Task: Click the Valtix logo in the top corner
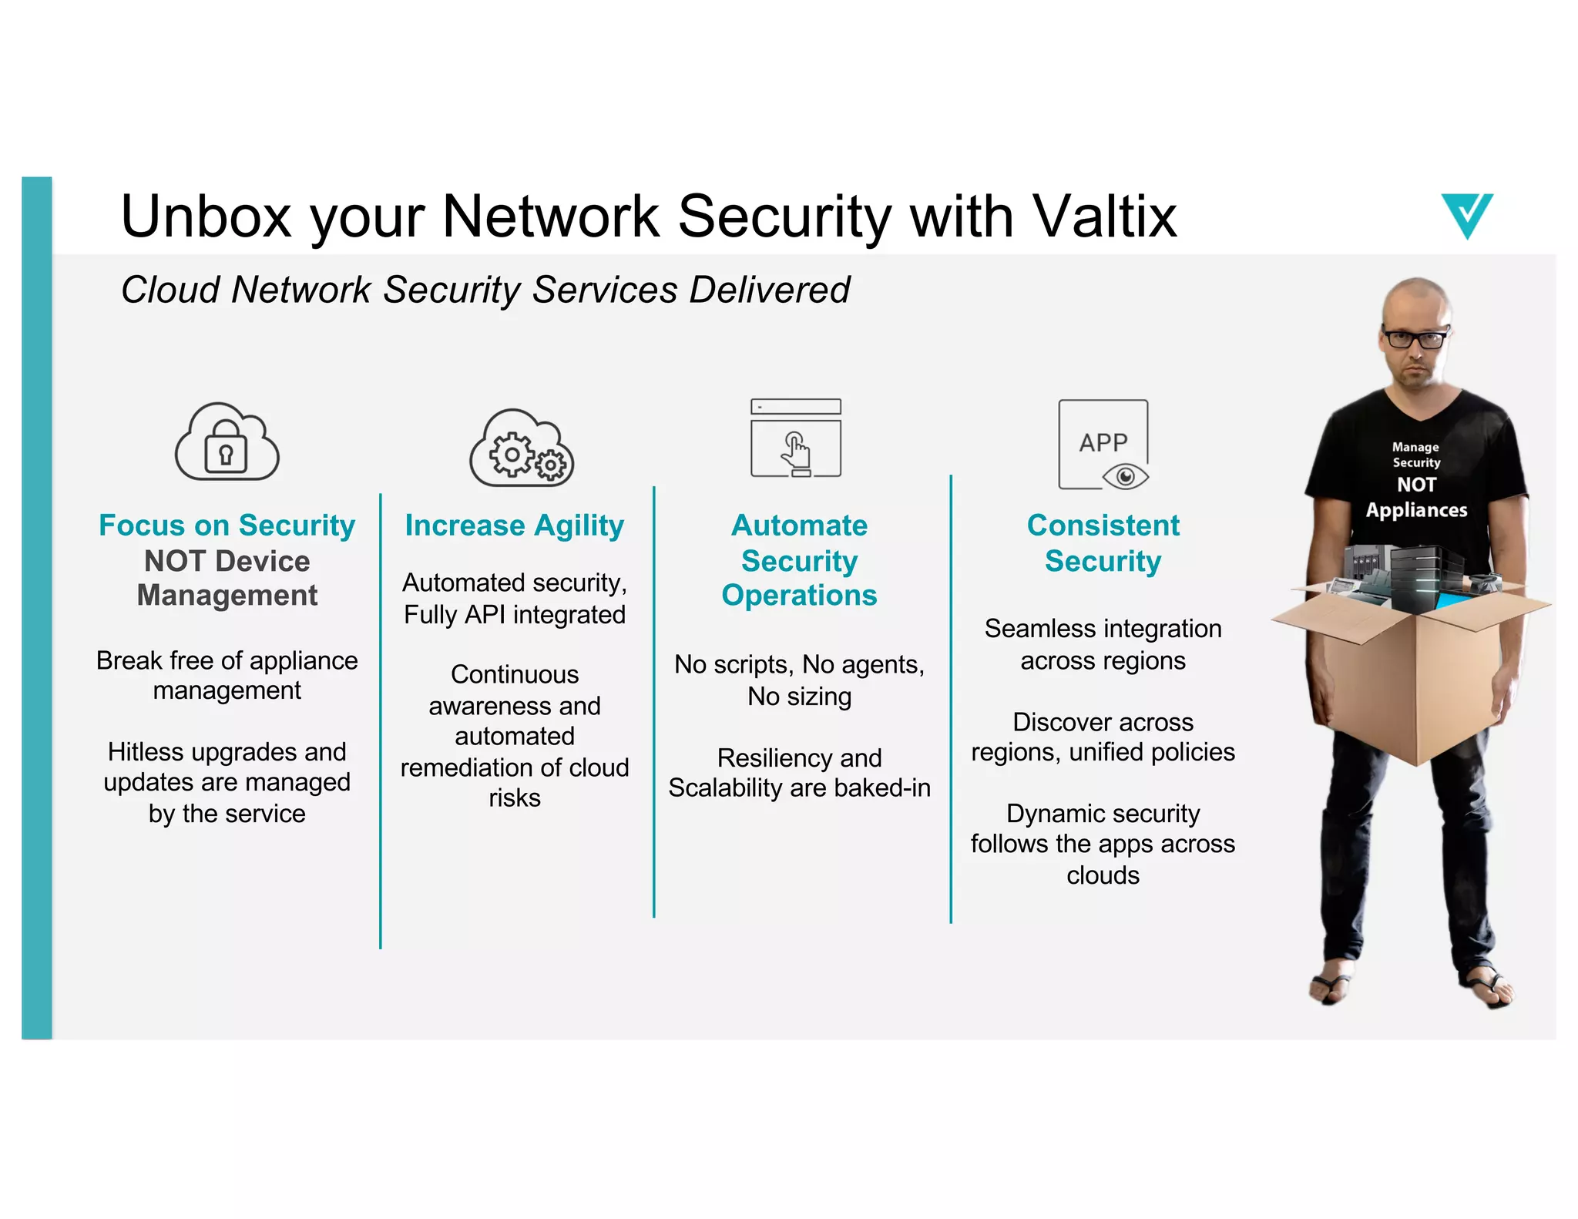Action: [1466, 215]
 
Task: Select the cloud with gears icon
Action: [522, 448]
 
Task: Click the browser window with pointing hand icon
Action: [796, 438]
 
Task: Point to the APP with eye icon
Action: [1103, 445]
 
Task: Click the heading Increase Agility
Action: [514, 526]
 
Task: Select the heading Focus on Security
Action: [227, 526]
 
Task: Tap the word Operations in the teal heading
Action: [799, 596]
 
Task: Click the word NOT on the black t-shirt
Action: [1416, 485]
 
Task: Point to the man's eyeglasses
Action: [1415, 338]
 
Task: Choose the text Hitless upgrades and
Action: [227, 751]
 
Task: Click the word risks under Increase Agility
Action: [514, 798]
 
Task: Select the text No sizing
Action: [799, 697]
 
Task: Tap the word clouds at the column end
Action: [1103, 875]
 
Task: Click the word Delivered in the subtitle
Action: [769, 290]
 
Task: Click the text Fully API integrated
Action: [514, 615]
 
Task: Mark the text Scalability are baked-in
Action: [799, 788]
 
